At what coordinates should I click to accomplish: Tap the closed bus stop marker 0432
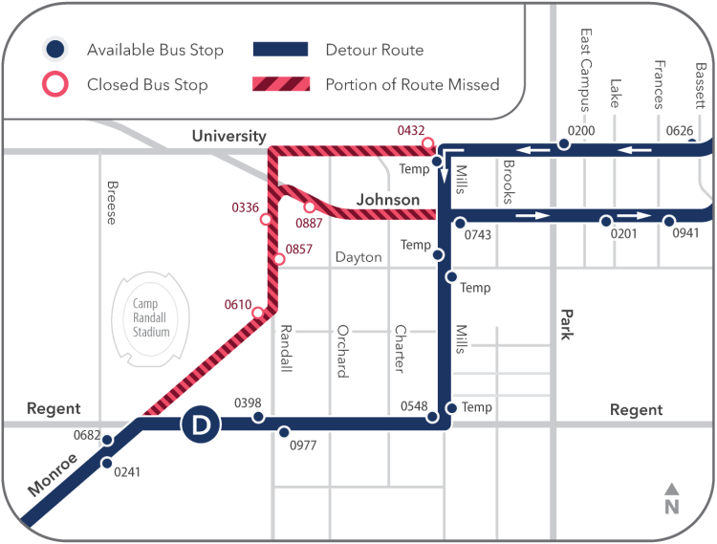click(x=427, y=144)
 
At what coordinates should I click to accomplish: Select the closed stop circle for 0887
click(x=310, y=207)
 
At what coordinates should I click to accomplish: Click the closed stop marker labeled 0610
click(x=258, y=313)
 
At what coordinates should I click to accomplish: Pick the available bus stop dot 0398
click(x=258, y=417)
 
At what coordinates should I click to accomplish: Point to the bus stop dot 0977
click(x=284, y=432)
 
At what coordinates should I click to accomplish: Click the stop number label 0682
click(x=87, y=435)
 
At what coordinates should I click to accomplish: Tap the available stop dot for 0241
click(x=107, y=464)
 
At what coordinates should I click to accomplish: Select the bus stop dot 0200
click(x=564, y=144)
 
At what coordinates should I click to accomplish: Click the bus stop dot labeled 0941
click(x=670, y=220)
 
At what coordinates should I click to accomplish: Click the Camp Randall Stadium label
click(x=151, y=316)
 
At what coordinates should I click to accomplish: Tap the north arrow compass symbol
click(x=671, y=500)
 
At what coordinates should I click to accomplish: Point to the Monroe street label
click(x=53, y=474)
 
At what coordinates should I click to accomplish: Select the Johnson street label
click(x=388, y=200)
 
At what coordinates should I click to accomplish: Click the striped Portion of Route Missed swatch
click(x=280, y=84)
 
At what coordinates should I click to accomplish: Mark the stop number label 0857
click(x=299, y=249)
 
